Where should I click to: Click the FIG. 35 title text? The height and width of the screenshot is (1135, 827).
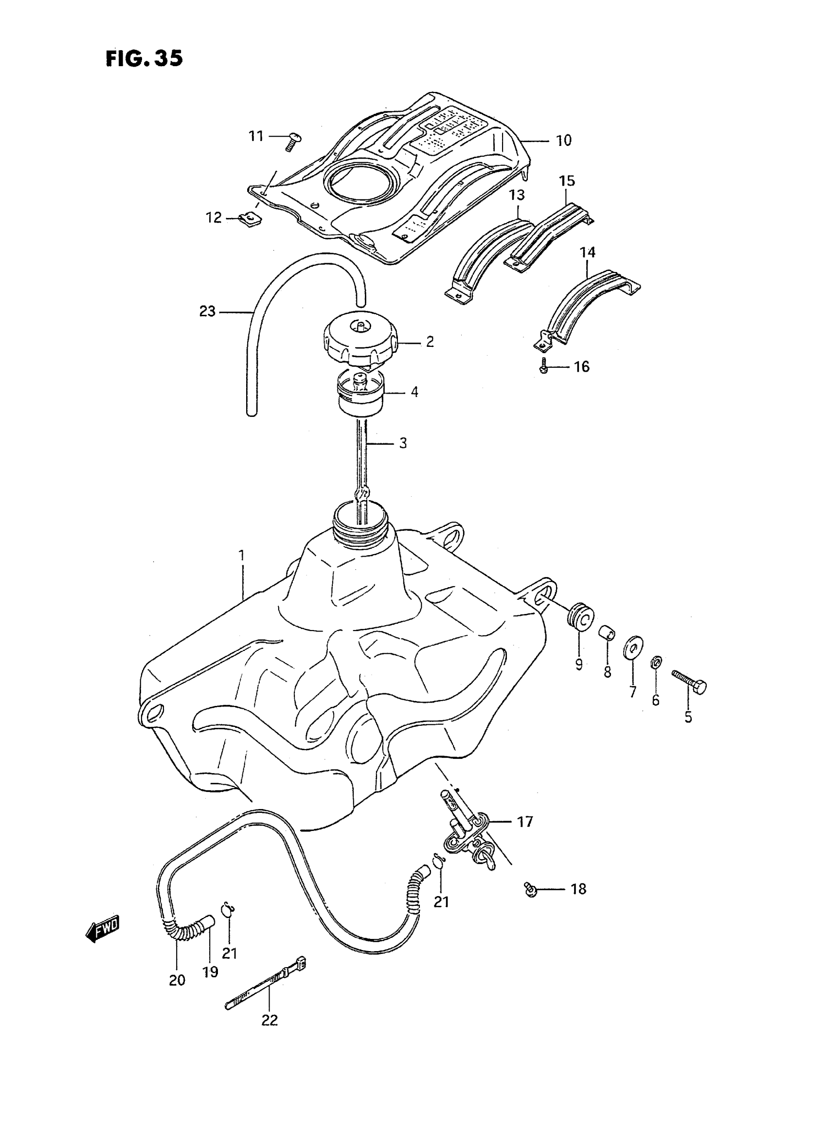point(144,58)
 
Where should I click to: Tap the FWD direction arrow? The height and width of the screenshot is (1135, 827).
point(103,929)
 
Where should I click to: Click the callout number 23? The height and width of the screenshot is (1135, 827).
point(207,311)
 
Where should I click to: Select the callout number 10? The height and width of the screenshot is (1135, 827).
point(564,141)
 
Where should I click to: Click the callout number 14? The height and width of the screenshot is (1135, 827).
point(588,253)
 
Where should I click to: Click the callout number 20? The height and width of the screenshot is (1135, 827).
point(177,980)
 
